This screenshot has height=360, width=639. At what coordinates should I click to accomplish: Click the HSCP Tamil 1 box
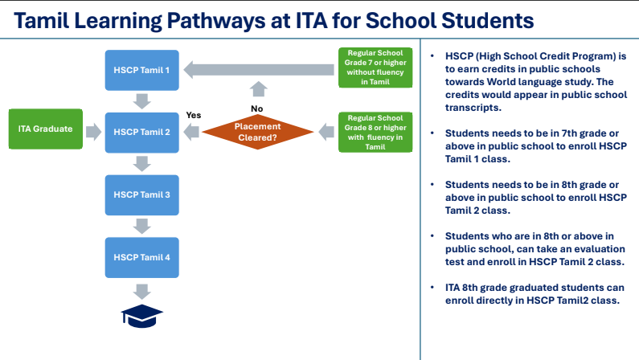click(x=142, y=70)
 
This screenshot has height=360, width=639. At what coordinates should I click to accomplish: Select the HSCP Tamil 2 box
click(x=142, y=132)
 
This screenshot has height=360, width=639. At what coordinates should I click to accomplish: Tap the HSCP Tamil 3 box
click(x=142, y=194)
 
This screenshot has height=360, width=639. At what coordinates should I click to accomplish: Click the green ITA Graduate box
click(x=46, y=129)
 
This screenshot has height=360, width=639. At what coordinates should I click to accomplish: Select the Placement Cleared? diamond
click(x=256, y=131)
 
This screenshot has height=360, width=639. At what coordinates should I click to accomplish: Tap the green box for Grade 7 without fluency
click(x=375, y=67)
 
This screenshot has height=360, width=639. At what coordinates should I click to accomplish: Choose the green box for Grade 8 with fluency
click(x=375, y=131)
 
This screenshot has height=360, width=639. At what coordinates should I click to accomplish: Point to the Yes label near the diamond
click(x=194, y=115)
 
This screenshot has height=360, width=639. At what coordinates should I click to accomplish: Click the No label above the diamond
click(x=256, y=108)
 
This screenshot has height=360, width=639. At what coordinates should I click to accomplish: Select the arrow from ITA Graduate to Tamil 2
click(x=94, y=129)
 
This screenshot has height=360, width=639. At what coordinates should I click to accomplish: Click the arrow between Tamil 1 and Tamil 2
click(x=142, y=100)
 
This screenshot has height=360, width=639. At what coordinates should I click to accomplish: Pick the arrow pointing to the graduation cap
click(x=142, y=290)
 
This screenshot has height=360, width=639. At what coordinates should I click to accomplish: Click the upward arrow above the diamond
click(x=256, y=91)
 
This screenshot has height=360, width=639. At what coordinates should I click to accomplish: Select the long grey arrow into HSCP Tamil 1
click(x=257, y=71)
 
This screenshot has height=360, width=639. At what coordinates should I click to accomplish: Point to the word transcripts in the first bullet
click(x=473, y=107)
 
